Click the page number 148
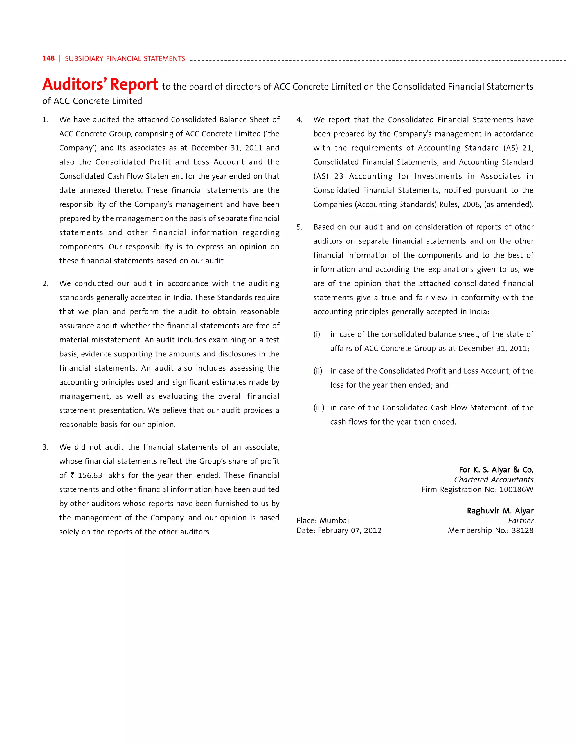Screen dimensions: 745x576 pos(48,58)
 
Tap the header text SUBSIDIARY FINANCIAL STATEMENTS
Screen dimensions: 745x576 pos(125,59)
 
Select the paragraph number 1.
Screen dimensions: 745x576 pos(45,120)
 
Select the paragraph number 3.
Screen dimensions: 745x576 pos(45,447)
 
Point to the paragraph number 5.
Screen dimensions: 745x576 pos(299,227)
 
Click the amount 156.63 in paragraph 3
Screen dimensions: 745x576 pos(90,475)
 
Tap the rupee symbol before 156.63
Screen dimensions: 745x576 pos(72,475)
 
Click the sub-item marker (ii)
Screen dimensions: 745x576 pos(318,371)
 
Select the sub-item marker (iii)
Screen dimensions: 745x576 pos(319,408)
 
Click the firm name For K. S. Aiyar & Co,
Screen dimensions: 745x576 pos(496,470)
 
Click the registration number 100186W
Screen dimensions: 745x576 pos(516,489)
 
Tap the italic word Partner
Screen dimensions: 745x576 pos(520,521)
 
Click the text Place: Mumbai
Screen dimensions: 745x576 pos(323,521)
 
